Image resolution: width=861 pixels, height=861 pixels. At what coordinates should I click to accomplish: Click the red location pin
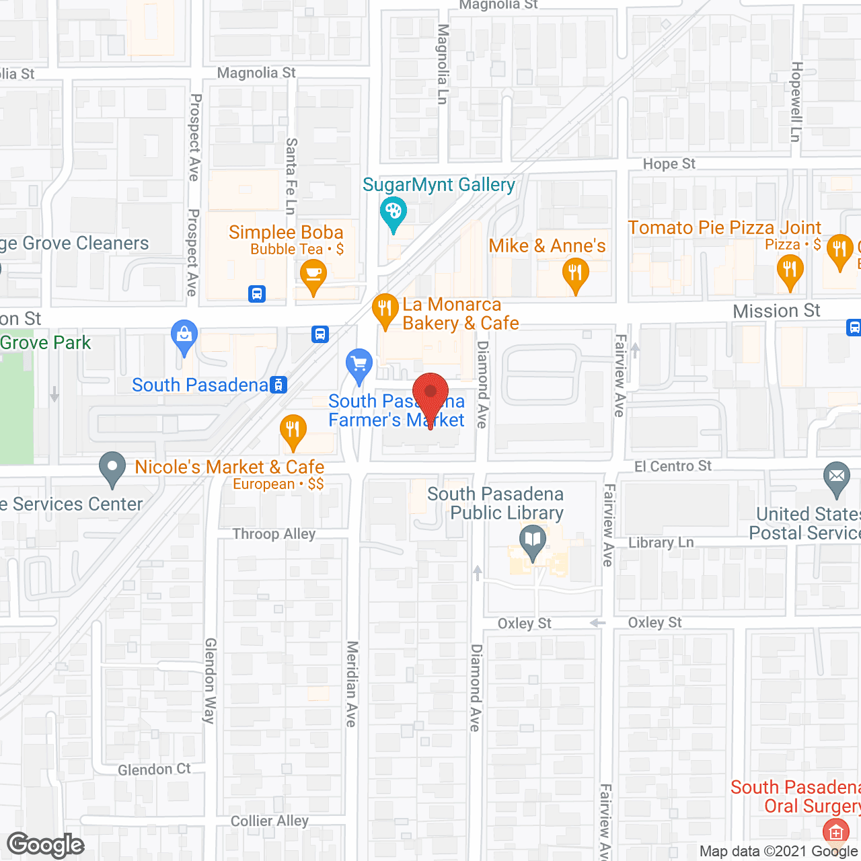[x=430, y=394]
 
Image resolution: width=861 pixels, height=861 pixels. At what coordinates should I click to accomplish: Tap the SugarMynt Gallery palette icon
[x=393, y=212]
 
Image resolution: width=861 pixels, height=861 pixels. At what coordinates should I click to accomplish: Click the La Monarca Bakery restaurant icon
[x=385, y=309]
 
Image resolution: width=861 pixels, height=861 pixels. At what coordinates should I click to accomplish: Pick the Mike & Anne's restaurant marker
[x=575, y=273]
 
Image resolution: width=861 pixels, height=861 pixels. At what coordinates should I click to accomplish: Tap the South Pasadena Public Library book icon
[x=533, y=539]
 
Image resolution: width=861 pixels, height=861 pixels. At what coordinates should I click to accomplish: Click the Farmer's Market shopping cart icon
[x=359, y=364]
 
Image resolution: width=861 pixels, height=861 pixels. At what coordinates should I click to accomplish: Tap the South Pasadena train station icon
[x=278, y=385]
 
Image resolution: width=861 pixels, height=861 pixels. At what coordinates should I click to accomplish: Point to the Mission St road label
[x=776, y=311]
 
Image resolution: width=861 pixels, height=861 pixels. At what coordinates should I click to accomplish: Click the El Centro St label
[x=673, y=466]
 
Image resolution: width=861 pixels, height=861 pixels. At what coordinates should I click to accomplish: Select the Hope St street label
[x=669, y=164]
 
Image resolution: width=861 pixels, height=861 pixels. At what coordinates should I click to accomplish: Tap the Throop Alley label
[x=274, y=534]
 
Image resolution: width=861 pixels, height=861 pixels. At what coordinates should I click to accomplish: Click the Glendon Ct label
[x=154, y=770]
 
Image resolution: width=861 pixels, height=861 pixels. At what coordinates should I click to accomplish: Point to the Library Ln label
[x=661, y=543]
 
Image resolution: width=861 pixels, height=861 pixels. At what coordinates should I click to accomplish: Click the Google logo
[x=46, y=845]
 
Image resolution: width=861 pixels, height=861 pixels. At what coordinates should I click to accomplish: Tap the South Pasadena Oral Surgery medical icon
[x=835, y=832]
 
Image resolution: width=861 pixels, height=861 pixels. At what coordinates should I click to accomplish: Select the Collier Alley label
[x=269, y=821]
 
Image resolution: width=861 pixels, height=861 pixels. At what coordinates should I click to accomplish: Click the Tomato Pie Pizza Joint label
[x=724, y=227]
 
